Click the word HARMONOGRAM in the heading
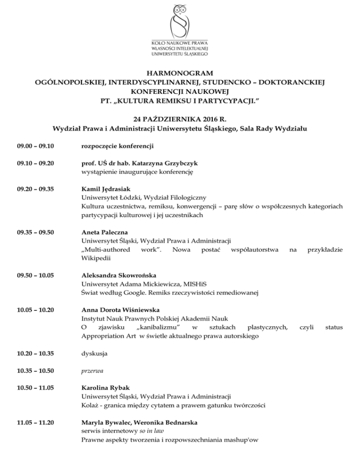point(180,73)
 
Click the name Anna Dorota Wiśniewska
point(120,310)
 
